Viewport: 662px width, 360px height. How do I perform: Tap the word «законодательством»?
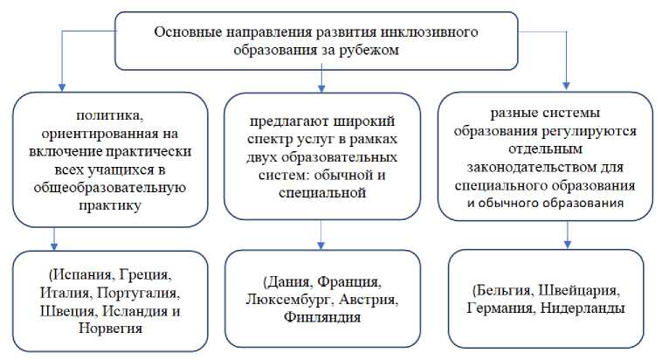pyautogui.click(x=550, y=168)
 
